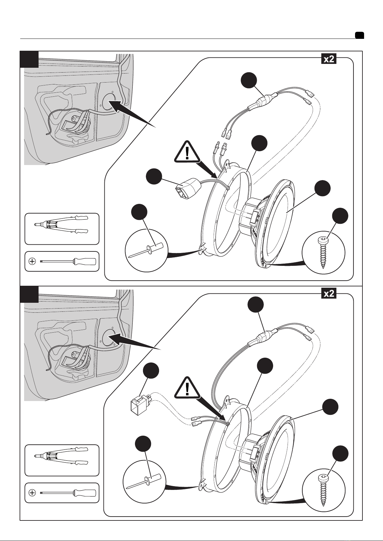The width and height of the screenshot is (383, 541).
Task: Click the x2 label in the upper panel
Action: pos(329,59)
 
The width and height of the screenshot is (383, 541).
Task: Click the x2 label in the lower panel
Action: pos(329,294)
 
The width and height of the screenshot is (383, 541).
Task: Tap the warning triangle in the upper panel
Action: pos(187,152)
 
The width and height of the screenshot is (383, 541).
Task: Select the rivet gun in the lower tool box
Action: pos(61,456)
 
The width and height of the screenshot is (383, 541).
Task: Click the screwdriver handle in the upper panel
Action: pos(85,261)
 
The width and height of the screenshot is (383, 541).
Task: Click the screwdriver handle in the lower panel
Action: pos(85,493)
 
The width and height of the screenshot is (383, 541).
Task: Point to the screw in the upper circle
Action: pos(323,252)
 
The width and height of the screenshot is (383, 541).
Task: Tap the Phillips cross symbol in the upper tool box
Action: pos(32,261)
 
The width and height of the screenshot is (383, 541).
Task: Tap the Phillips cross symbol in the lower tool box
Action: pos(32,493)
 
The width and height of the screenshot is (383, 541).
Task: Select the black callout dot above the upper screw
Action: pos(340,216)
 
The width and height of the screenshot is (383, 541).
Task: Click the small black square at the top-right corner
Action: pos(360,35)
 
